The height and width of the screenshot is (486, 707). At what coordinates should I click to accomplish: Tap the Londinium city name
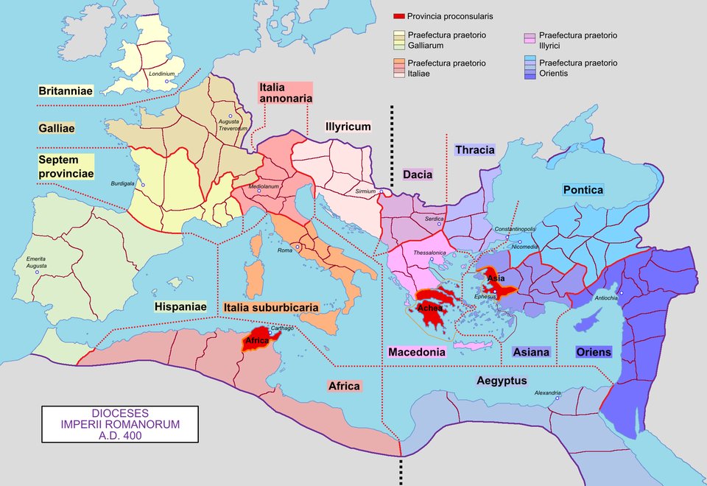[161, 74]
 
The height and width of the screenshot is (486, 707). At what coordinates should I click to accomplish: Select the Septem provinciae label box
[66, 166]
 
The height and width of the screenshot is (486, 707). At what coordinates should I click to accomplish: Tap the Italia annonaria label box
[285, 92]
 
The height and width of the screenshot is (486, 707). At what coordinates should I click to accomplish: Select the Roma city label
[285, 251]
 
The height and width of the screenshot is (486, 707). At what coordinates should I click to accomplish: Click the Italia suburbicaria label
[271, 306]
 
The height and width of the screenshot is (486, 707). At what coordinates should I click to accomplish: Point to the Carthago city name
[282, 328]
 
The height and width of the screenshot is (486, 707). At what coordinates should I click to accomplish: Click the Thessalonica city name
[430, 253]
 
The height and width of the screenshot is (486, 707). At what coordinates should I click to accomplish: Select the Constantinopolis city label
[515, 229]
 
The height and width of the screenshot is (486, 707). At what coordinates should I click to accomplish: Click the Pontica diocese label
[583, 190]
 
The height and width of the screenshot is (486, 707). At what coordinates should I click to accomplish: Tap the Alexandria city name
[547, 392]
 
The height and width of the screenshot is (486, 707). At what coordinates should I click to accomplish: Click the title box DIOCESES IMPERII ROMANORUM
[119, 425]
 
